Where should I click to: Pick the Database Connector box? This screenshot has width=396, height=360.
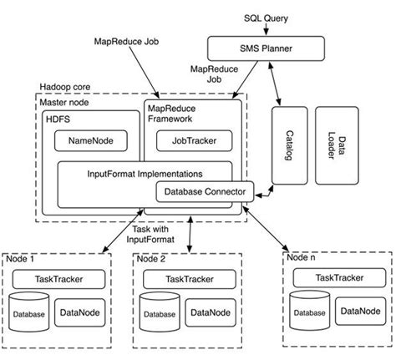tap(204, 192)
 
